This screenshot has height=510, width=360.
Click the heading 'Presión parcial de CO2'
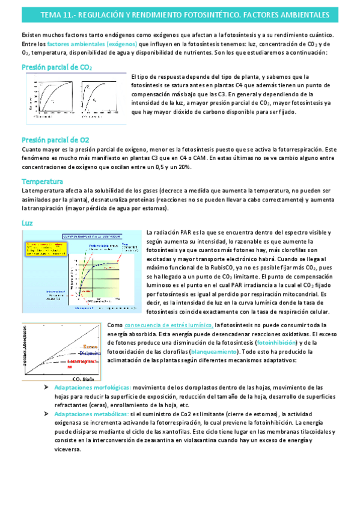tap(57, 67)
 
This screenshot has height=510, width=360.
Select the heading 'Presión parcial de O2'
tap(55, 139)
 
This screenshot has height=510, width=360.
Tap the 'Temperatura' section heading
tap(42, 181)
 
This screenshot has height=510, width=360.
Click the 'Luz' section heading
tap(28, 223)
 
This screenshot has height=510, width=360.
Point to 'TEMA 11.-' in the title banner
tap(58, 14)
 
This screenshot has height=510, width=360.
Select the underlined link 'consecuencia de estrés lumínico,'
tap(161, 325)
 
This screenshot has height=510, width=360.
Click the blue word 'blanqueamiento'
tap(214, 351)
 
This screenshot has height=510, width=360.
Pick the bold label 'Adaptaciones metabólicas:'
tap(91, 414)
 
